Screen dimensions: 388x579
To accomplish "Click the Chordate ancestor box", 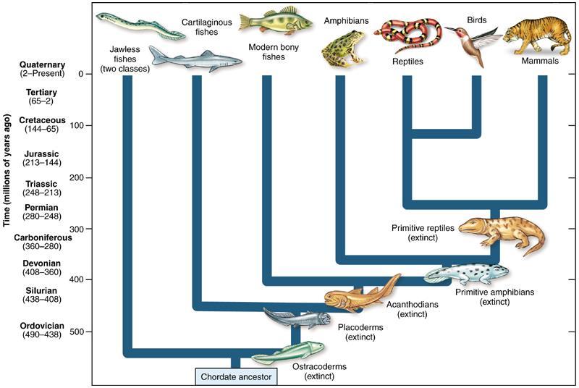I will pyautogui.click(x=236, y=377).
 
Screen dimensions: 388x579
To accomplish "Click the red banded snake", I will pyautogui.click(x=408, y=36).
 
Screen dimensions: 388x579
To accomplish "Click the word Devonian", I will pyautogui.click(x=41, y=263).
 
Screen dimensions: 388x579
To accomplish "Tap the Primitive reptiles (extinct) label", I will pyautogui.click(x=423, y=232).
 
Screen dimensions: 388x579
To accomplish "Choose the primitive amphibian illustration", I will pyautogui.click(x=467, y=274).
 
